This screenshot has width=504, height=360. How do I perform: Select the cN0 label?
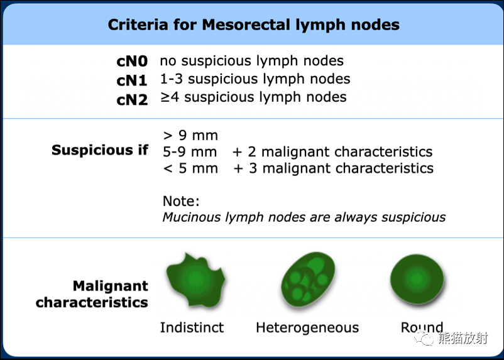pyautogui.click(x=132, y=62)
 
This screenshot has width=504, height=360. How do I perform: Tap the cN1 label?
pyautogui.click(x=132, y=80)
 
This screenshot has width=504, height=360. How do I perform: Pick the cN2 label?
pyautogui.click(x=132, y=100)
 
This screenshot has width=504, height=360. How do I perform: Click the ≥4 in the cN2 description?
pyautogui.click(x=170, y=97)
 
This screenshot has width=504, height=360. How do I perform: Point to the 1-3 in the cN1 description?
pyautogui.click(x=172, y=79)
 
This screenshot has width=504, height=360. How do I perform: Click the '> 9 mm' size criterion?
pyautogui.click(x=190, y=135)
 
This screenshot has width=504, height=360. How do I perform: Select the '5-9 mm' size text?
pyautogui.click(x=190, y=151)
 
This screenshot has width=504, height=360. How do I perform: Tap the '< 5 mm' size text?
pyautogui.click(x=190, y=168)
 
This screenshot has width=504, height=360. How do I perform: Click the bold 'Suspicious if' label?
pyautogui.click(x=100, y=150)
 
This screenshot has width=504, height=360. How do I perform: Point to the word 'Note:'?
pyautogui.click(x=181, y=201)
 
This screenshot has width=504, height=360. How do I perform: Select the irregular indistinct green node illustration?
pyautogui.click(x=195, y=280)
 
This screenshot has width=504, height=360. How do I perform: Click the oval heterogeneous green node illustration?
pyautogui.click(x=308, y=280)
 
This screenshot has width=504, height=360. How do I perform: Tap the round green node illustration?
pyautogui.click(x=417, y=279)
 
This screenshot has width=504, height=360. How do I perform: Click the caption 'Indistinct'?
pyautogui.click(x=192, y=327)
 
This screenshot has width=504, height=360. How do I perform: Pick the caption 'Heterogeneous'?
pyautogui.click(x=307, y=327)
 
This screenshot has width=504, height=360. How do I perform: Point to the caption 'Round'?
pyautogui.click(x=422, y=327)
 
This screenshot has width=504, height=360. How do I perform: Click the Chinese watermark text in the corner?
pyautogui.click(x=463, y=339)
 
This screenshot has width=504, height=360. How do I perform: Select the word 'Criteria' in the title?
pyautogui.click(x=138, y=25)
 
